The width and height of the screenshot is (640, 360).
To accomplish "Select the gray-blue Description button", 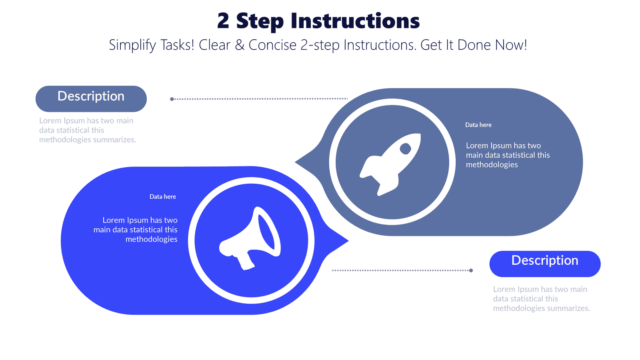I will (x=91, y=98).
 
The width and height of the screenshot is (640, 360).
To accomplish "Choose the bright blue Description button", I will (x=545, y=264).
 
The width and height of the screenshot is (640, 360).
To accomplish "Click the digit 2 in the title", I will (x=223, y=21).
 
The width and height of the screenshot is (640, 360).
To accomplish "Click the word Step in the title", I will (x=260, y=22).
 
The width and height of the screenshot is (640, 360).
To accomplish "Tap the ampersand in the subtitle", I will (x=240, y=45).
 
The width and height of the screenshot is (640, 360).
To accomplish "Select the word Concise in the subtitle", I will (x=272, y=45).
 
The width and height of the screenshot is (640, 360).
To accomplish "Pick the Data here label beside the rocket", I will (x=478, y=125).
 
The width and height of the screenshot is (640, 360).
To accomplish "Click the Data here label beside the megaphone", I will (x=162, y=196).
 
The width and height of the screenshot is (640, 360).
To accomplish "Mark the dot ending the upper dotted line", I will (x=172, y=99).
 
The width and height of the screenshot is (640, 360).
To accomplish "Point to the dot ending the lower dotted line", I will (x=471, y=270).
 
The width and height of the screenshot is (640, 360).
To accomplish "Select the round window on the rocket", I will (x=405, y=149).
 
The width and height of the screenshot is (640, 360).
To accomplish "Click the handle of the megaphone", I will (x=246, y=262).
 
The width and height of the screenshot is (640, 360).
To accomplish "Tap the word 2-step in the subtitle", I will (x=320, y=45).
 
